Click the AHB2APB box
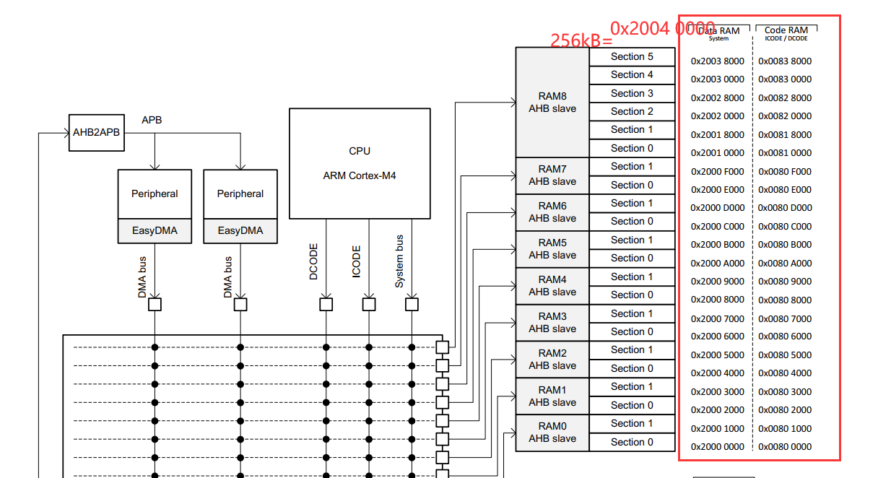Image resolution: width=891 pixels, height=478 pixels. click(x=97, y=133)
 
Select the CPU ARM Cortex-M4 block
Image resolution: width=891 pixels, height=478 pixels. click(x=360, y=163)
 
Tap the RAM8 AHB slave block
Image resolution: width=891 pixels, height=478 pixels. click(x=552, y=102)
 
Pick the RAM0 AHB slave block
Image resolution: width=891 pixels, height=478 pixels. click(x=552, y=433)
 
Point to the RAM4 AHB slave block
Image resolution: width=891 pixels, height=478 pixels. click(x=552, y=286)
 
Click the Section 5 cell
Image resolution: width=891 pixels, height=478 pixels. click(x=632, y=56)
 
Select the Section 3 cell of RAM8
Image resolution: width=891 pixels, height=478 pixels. click(x=632, y=93)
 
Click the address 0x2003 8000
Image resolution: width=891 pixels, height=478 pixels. click(x=717, y=61)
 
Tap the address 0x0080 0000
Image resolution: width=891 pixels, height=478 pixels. click(x=785, y=447)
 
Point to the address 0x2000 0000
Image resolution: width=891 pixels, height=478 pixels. click(x=717, y=447)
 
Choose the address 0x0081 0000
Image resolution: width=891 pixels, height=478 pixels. click(x=785, y=153)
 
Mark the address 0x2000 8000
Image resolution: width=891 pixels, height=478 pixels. click(x=717, y=300)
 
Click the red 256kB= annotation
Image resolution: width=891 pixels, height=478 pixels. click(x=581, y=40)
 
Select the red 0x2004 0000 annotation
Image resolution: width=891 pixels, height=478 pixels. click(x=662, y=28)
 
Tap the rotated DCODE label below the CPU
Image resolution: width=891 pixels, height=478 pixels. click(x=313, y=262)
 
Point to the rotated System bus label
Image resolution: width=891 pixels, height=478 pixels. click(x=399, y=261)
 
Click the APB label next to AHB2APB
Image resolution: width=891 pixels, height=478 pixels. click(x=152, y=120)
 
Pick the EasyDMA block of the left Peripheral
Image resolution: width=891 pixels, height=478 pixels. click(x=155, y=231)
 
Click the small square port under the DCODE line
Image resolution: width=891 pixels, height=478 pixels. click(x=326, y=305)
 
